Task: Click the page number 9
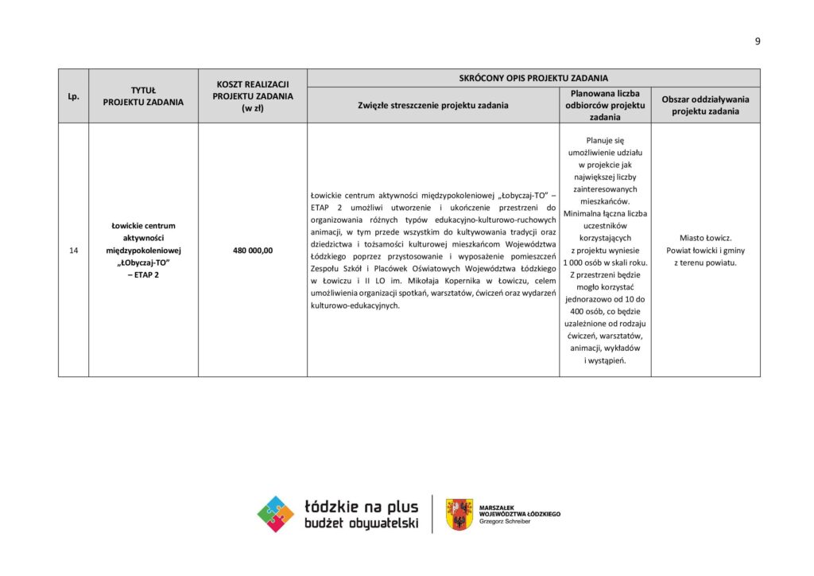758,41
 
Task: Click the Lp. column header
73,96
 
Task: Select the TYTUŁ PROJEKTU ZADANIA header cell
143,96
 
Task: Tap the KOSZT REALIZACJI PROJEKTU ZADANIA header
253,96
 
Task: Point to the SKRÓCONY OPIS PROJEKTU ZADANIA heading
533,78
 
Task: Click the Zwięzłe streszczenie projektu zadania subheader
433,105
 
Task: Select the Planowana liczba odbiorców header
605,105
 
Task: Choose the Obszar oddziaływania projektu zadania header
705,105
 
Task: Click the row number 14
73,251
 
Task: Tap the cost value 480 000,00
253,251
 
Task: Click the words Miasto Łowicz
705,238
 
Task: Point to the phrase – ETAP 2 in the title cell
143,275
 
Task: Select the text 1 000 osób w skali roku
605,263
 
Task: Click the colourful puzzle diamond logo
276,514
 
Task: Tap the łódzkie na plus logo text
361,507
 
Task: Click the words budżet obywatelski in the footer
361,523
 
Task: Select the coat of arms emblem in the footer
459,514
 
